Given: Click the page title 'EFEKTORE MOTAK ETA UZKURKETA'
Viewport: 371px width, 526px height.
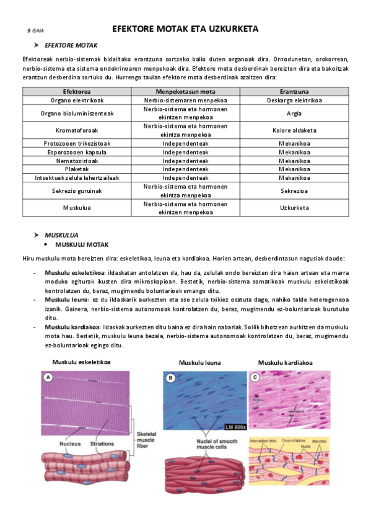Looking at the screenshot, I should (185, 29).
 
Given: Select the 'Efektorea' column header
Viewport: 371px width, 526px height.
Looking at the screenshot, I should (77, 91).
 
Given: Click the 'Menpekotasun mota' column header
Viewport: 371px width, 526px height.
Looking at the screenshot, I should (185, 91).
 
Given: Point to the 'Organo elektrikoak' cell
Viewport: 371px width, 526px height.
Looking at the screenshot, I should (77, 99).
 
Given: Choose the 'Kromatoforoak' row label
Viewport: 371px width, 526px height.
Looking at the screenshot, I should (77, 130).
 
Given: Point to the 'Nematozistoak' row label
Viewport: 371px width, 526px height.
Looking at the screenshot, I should (77, 160).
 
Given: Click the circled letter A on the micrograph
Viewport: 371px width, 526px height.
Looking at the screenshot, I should (48, 377).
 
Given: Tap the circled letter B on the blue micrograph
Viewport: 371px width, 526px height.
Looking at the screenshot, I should (170, 377).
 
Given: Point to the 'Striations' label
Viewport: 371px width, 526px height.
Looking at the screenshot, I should (102, 444).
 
